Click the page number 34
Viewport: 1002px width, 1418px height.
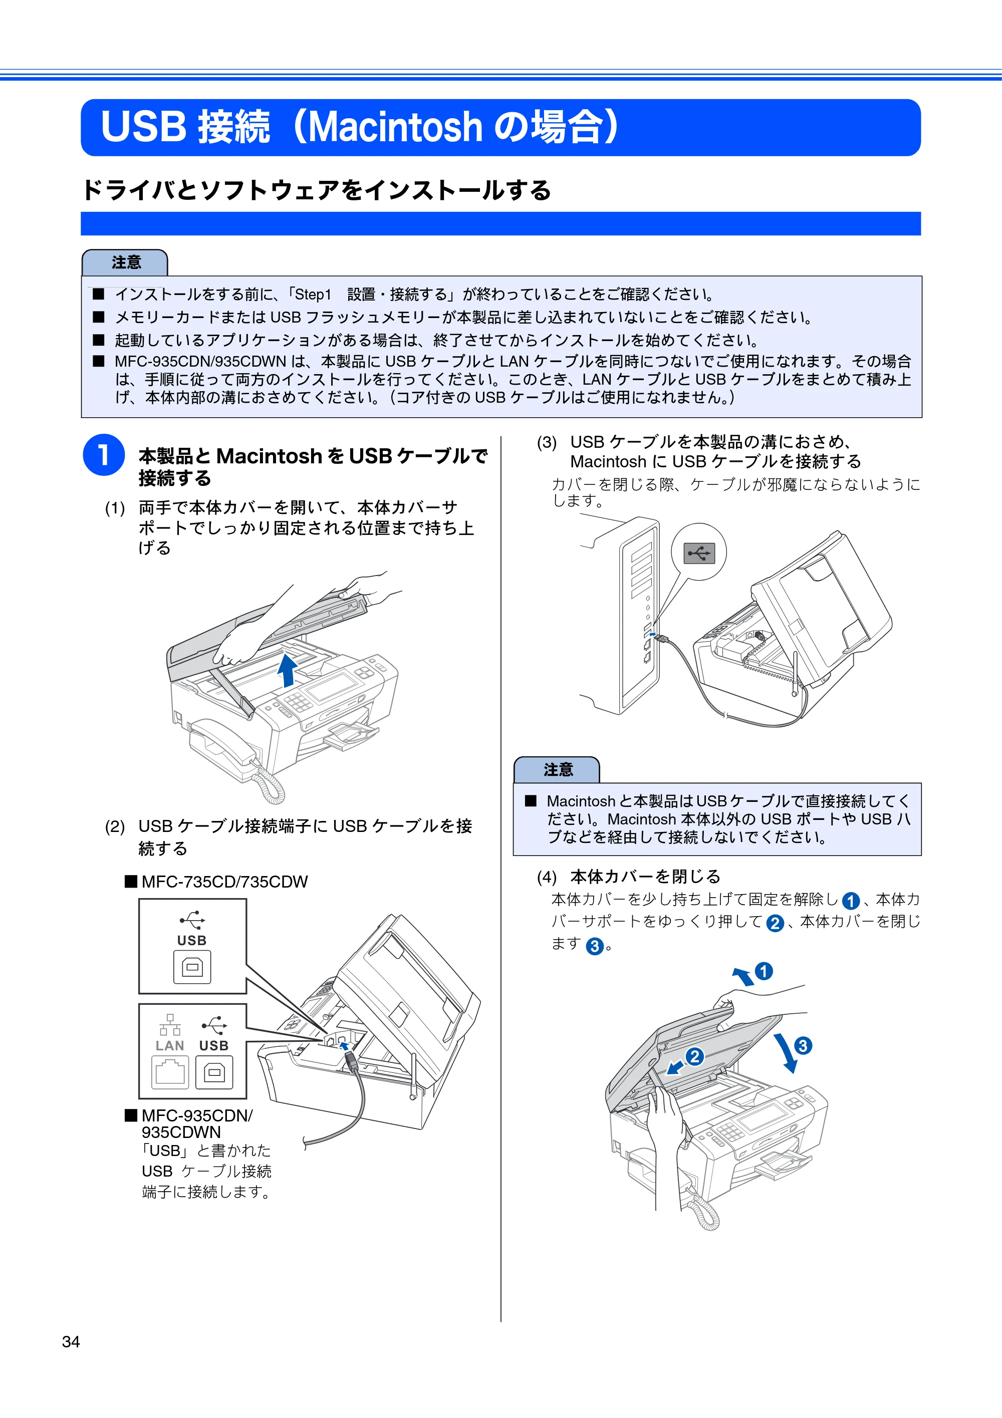[71, 1341]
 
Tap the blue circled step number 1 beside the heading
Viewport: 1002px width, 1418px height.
[104, 455]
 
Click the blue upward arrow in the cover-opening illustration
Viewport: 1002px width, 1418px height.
[287, 670]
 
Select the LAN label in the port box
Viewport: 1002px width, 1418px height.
[170, 1045]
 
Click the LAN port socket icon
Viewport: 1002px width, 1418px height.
[170, 1072]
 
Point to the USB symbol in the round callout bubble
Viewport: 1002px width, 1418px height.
[699, 553]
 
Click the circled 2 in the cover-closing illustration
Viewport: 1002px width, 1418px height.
[694, 1057]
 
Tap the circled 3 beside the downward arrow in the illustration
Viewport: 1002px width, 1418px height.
[803, 1045]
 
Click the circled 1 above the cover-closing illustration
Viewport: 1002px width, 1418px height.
[764, 972]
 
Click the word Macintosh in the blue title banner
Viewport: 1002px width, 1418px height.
[395, 127]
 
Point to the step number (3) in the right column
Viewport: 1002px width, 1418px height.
[547, 443]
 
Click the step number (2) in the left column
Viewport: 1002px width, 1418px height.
[115, 827]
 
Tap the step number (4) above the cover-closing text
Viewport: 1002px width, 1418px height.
[547, 877]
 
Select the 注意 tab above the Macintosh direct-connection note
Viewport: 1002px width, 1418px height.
[557, 769]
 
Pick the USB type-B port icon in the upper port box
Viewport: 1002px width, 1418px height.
[192, 967]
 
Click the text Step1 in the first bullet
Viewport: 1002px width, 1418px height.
[313, 295]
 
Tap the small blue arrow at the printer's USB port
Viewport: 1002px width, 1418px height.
[345, 1045]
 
